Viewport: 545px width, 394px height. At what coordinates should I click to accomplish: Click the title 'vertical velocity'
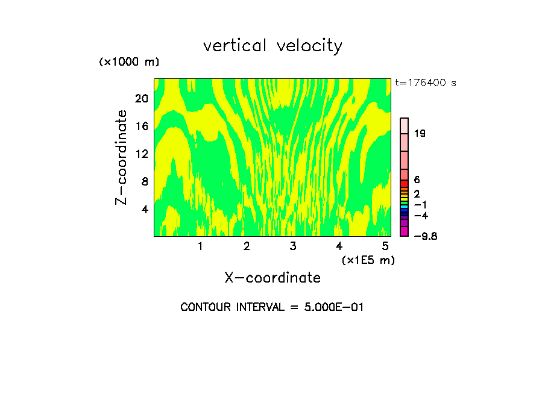[272, 46]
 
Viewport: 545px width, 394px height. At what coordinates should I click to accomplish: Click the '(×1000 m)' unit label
[128, 63]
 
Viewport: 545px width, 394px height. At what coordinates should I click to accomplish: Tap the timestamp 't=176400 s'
[426, 83]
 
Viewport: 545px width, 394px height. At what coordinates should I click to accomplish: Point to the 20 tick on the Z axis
[141, 98]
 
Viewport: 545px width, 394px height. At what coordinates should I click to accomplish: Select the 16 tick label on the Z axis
[141, 126]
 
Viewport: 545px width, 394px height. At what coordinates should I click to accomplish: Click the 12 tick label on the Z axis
[141, 154]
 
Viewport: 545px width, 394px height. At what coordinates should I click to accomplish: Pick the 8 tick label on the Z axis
[145, 181]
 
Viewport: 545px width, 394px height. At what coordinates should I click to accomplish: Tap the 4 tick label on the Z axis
[145, 209]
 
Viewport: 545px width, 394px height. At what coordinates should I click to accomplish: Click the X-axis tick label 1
[200, 246]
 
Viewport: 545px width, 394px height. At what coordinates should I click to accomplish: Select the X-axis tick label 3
[292, 246]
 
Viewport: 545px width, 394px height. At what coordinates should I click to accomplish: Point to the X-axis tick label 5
[385, 246]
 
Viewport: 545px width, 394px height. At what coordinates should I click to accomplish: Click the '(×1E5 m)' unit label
[368, 260]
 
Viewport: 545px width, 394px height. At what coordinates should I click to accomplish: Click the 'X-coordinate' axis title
[272, 278]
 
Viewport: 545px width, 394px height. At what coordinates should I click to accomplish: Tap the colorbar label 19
[420, 134]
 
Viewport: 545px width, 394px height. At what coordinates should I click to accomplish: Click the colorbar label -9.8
[425, 236]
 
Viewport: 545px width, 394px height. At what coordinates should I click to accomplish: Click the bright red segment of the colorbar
[405, 183]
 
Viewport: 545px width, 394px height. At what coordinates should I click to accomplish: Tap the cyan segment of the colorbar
[405, 206]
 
